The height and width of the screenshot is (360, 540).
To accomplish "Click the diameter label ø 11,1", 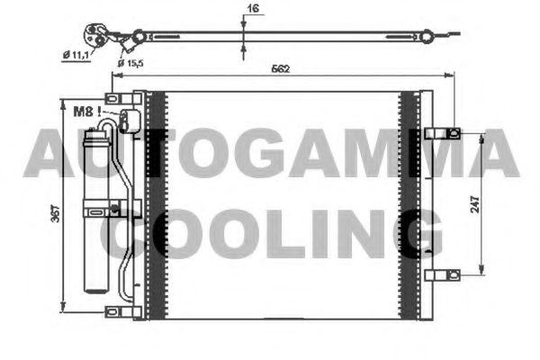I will pos(80,55).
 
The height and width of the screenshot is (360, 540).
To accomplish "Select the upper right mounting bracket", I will pos(443,133).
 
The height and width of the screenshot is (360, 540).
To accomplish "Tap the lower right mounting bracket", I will pos(442,274).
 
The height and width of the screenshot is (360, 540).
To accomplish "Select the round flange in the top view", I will pos(94,34).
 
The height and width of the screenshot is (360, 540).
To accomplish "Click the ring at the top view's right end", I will pos(423,37).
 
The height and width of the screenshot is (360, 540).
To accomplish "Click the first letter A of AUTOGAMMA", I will pos(47,154).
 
